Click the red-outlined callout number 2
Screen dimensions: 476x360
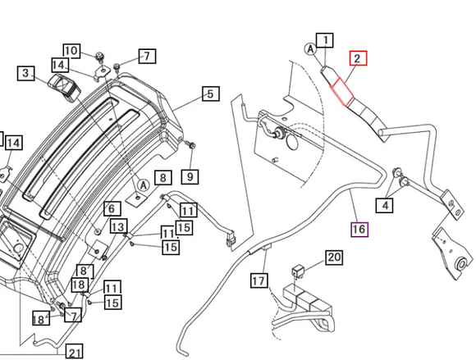[x=358, y=58]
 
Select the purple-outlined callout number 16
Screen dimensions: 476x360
[x=359, y=230]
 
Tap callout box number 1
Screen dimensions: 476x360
[x=325, y=40]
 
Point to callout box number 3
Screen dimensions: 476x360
[x=25, y=73]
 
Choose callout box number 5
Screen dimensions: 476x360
[x=211, y=94]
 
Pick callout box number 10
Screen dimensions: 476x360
[x=72, y=51]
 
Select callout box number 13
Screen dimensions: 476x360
[x=118, y=226]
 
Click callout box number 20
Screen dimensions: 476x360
[x=334, y=257]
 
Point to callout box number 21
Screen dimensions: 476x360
[x=75, y=352]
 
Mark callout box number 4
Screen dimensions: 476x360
[x=385, y=205]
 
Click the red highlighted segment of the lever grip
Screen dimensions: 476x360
[x=342, y=92]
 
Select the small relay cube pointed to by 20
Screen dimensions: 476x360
[x=296, y=271]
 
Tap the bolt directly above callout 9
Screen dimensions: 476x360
[x=191, y=145]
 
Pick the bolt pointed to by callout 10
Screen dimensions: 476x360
[x=99, y=57]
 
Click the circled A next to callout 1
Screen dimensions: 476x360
[x=310, y=49]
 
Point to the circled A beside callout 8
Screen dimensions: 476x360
[x=144, y=185]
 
